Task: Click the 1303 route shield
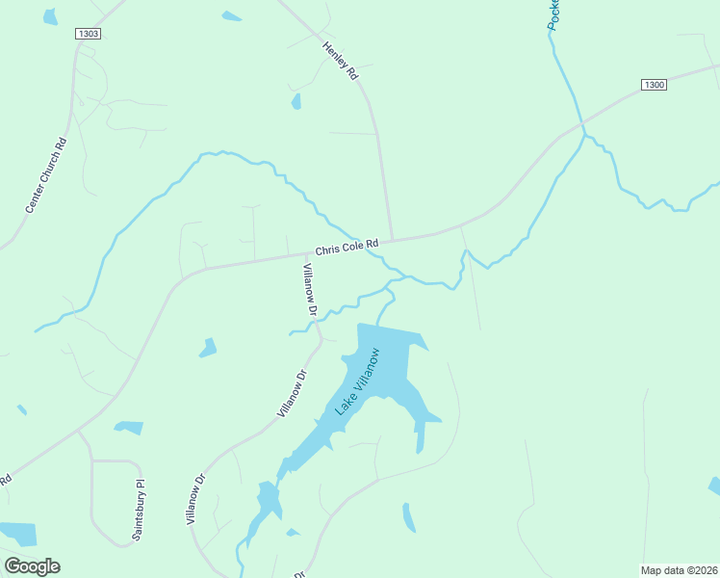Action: pos(88,34)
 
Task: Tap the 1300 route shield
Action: pos(654,85)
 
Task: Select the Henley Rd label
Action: pos(341,60)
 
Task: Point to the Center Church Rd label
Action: pos(46,176)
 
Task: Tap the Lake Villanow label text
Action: pos(357,381)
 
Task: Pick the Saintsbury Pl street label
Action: pos(139,511)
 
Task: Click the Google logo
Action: pos(32,566)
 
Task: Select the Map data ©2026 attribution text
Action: pos(680,570)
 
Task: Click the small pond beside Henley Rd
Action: pos(296,101)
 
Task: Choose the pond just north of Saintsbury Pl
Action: pos(128,427)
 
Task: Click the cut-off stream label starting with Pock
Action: pos(553,15)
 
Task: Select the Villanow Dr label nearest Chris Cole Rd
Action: pos(311,289)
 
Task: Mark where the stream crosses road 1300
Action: pos(581,124)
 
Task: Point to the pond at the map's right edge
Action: pos(714,486)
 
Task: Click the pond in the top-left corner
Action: pos(50,16)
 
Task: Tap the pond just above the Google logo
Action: pos(19,533)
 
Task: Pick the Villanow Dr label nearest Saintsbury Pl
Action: pos(195,498)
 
